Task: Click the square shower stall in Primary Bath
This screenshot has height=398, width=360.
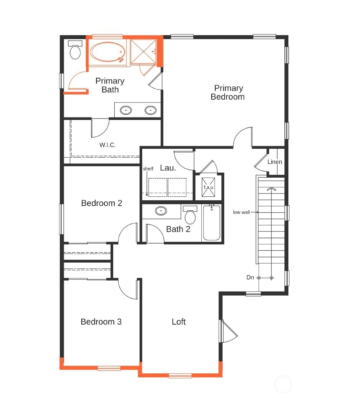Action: click(143, 51)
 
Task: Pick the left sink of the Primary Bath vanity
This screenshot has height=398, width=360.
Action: click(126, 110)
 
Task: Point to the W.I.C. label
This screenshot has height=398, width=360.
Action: click(107, 145)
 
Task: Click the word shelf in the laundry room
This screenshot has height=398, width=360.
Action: click(148, 169)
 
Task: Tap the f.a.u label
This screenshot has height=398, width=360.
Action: click(208, 187)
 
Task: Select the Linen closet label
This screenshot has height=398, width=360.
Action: click(275, 162)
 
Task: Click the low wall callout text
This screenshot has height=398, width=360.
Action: click(241, 212)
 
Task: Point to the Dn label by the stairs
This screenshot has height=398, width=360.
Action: click(250, 277)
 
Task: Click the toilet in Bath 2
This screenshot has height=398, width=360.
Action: click(190, 216)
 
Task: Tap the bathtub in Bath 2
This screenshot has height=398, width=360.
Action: click(212, 223)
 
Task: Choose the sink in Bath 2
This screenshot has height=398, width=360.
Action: click(161, 211)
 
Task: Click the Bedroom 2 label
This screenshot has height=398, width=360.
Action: click(102, 203)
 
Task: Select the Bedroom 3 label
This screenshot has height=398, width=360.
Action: click(101, 322)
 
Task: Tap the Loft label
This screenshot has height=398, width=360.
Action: click(179, 322)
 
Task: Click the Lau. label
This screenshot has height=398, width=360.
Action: click(168, 168)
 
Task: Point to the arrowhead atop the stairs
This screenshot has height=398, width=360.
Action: click(272, 189)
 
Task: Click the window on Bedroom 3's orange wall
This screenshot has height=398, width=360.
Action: click(109, 368)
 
